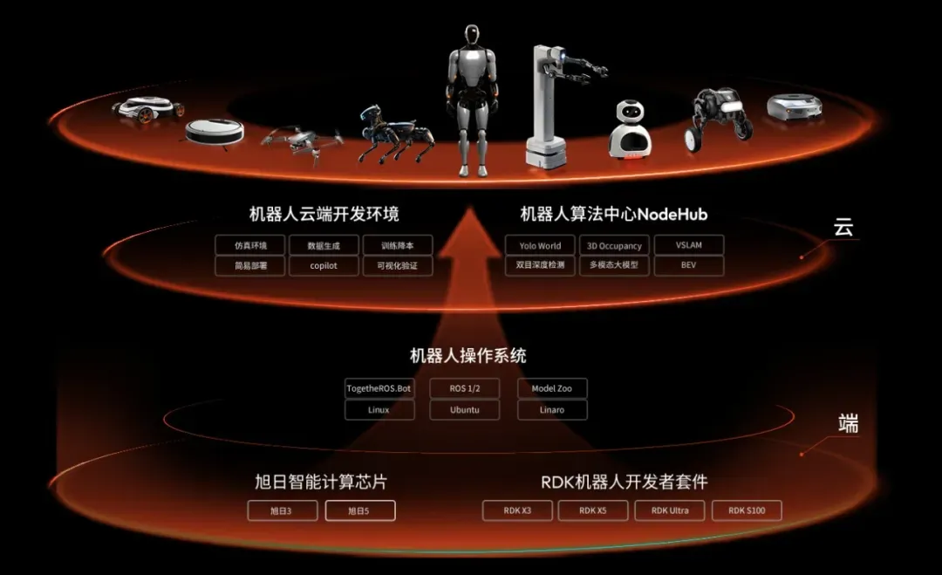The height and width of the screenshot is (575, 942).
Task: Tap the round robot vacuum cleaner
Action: point(214,132)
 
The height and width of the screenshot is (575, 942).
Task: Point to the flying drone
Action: point(301,140)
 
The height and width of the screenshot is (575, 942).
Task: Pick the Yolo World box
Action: point(540,246)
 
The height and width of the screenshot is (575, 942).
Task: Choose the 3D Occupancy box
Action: point(614,246)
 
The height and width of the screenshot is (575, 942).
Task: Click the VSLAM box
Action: point(688,246)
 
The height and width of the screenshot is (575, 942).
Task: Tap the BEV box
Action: point(688,265)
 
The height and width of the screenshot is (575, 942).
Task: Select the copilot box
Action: point(323,265)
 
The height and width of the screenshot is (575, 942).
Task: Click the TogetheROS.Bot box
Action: point(379,388)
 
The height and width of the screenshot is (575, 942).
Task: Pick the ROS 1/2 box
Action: point(464,388)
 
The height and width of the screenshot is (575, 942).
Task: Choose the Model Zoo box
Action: point(551,388)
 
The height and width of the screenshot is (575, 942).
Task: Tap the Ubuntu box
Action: point(464,409)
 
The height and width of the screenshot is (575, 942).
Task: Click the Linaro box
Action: point(551,409)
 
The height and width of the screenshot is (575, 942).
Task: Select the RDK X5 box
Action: point(593,510)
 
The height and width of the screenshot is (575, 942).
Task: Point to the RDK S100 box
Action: point(746,510)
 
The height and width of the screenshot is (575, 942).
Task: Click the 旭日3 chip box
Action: point(282,510)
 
